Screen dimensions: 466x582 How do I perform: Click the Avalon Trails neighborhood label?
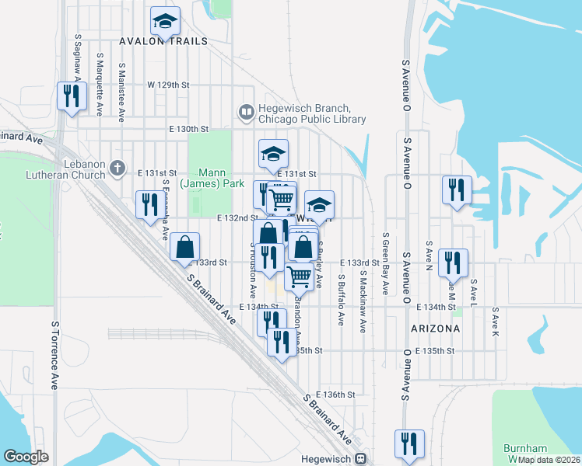click(x=163, y=41)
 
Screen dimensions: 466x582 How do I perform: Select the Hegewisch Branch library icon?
click(x=247, y=113)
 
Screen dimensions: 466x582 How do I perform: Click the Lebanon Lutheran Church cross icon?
click(x=117, y=167)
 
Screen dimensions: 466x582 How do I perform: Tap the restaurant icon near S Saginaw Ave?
click(x=71, y=96)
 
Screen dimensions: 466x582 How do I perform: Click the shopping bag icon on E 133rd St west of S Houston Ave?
click(x=185, y=247)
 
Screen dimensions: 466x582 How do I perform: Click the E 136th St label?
click(x=335, y=395)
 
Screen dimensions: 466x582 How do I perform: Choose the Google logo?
click(x=26, y=456)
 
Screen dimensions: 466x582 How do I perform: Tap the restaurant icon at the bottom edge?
click(x=409, y=443)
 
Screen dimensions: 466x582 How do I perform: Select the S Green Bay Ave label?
click(x=385, y=264)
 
